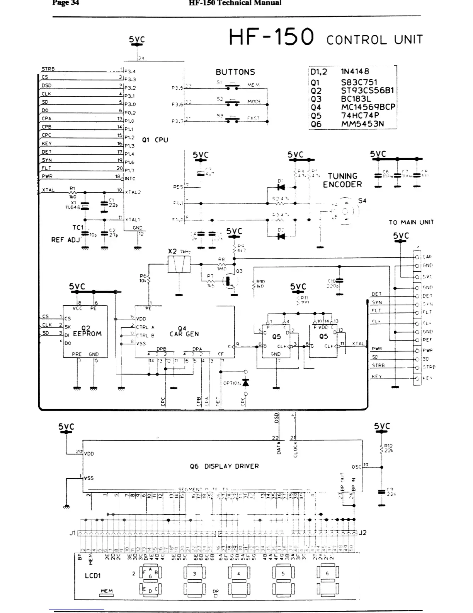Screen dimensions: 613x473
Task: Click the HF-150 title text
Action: (x=271, y=38)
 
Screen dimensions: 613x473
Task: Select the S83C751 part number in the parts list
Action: (x=359, y=82)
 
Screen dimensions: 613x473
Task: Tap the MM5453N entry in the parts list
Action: (x=362, y=124)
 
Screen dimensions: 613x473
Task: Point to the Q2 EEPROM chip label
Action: (x=87, y=331)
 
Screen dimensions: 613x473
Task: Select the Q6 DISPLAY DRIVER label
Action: (x=224, y=466)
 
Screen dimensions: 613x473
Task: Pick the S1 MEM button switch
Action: (x=233, y=85)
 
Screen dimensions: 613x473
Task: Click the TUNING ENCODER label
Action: (x=342, y=180)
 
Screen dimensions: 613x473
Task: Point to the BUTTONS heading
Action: (x=235, y=72)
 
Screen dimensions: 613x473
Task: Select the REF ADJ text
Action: (x=65, y=240)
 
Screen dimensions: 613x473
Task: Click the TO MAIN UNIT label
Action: (x=411, y=222)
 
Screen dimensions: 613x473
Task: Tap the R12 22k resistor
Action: (x=382, y=448)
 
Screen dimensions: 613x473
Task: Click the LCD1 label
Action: (x=93, y=575)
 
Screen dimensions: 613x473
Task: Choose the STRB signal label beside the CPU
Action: (x=48, y=69)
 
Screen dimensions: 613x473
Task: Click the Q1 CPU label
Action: (x=155, y=140)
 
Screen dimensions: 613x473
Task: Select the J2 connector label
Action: (x=362, y=533)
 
